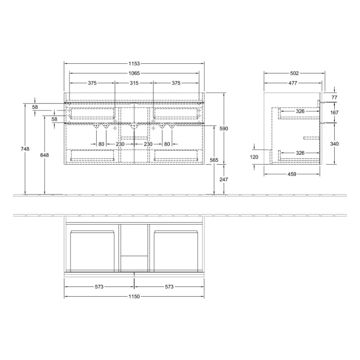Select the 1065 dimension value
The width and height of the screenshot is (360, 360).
(134, 73)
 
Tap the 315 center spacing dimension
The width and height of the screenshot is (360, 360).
(134, 83)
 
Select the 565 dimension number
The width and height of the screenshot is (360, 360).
(214, 160)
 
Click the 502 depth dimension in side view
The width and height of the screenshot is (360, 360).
(294, 73)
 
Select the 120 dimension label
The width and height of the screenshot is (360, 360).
(254, 157)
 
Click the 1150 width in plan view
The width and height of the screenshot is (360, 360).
(134, 296)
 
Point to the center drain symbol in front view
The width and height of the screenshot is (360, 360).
(134, 124)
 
